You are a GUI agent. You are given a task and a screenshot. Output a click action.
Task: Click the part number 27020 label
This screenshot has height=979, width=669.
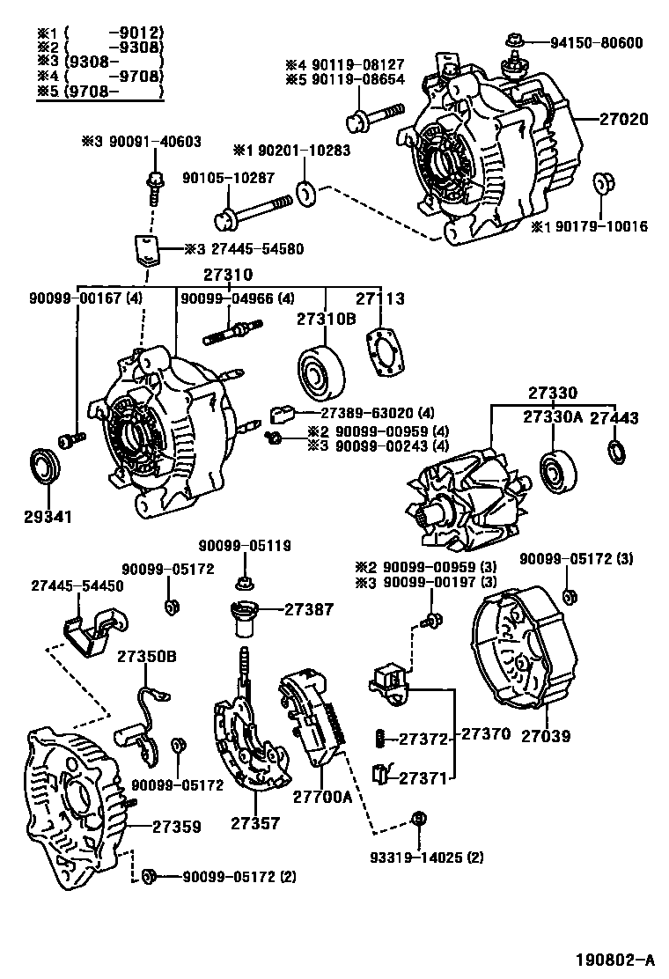click(x=624, y=119)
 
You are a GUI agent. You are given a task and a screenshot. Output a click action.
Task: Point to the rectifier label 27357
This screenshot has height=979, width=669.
click(x=255, y=823)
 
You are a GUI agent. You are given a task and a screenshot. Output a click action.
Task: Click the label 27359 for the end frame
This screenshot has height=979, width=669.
click(x=176, y=827)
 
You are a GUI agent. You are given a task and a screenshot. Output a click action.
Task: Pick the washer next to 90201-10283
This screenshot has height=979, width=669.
click(x=307, y=192)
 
